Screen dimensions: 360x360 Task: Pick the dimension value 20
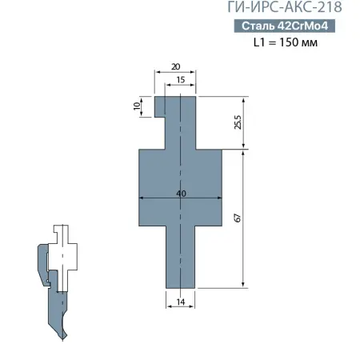[175, 67]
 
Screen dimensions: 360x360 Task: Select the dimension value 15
[180, 80]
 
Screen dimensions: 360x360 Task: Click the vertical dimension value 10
[137, 105]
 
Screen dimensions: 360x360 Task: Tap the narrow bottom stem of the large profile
[180, 256]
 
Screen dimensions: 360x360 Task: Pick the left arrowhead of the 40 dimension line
[142, 198]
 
